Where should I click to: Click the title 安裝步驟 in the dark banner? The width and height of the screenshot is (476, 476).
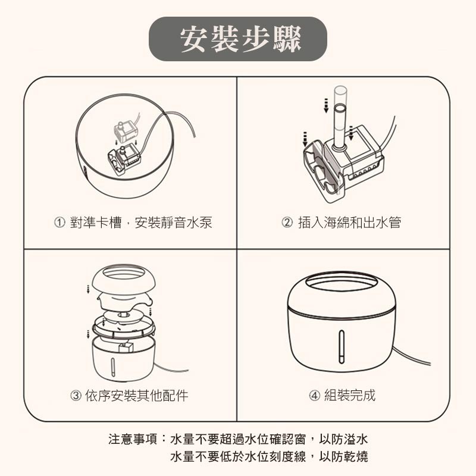pos(240,39)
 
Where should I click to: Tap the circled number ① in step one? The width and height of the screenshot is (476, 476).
pos(59,223)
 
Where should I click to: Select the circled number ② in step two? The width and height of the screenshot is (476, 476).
pos(287,223)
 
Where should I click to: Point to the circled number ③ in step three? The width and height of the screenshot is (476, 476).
pos(76,395)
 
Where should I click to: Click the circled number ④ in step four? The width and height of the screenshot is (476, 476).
pos(315,395)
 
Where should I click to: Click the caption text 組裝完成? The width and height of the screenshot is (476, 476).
pos(350,395)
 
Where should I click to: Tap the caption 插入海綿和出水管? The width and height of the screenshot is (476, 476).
pos(350,222)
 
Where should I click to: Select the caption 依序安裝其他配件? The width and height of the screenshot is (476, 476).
pos(137,395)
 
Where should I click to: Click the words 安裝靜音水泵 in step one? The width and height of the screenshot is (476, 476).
pos(173,222)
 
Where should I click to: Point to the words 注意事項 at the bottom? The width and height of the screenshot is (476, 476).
pos(133,439)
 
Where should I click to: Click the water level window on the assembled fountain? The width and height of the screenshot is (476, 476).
pos(342,347)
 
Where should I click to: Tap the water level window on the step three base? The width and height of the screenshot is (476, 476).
pos(113,367)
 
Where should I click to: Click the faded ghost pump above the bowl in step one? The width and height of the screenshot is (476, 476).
pos(127,130)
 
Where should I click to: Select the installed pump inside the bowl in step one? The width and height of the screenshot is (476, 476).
pos(124,159)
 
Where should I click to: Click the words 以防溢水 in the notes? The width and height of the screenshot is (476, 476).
pos(343,439)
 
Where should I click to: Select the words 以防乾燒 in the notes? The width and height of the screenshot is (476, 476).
pos(343,456)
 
